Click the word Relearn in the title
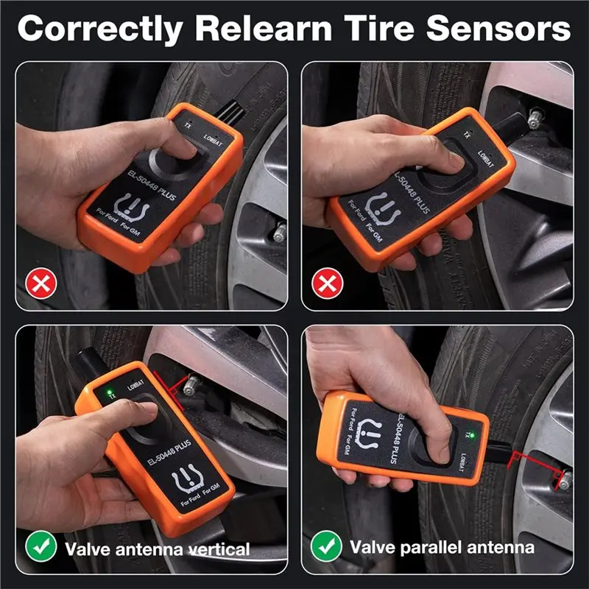[x=264, y=28]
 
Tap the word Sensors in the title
[x=498, y=28]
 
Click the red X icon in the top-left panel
[x=41, y=283]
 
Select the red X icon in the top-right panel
[x=327, y=283]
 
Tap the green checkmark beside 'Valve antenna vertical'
[x=41, y=546]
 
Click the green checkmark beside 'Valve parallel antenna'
[x=326, y=546]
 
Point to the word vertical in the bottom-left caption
[x=219, y=549]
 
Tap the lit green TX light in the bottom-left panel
[x=109, y=392]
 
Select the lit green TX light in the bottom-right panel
[x=472, y=436]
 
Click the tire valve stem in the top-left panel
[x=280, y=232]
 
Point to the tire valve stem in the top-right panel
[x=534, y=119]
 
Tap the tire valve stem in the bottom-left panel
[x=191, y=384]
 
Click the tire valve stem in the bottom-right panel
[x=564, y=481]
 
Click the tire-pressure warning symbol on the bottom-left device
[x=188, y=478]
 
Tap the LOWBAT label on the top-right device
[x=485, y=158]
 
